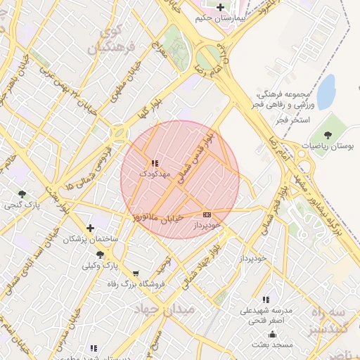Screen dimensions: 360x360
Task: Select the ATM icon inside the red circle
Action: point(206,214)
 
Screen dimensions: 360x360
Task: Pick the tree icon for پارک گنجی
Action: point(22,194)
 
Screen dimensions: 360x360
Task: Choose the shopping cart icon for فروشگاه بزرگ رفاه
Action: point(135,274)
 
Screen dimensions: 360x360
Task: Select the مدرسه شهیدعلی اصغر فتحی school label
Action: point(271,315)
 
